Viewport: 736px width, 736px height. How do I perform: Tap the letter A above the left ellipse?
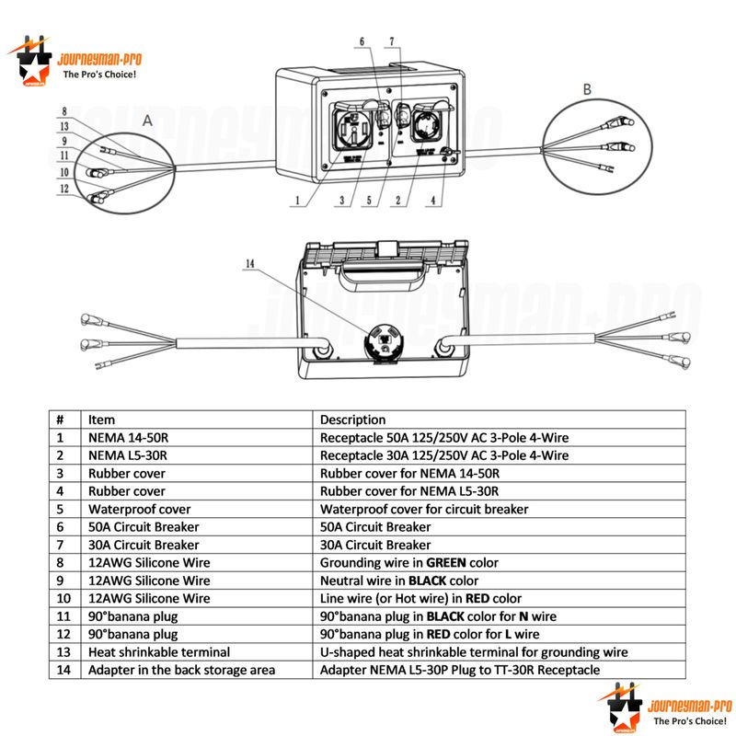(147, 120)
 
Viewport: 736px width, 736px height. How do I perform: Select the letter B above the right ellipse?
(587, 88)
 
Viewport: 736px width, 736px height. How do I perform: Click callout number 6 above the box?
(362, 41)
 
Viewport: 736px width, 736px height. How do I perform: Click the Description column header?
(352, 420)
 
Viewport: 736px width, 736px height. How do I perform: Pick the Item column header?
(101, 420)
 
